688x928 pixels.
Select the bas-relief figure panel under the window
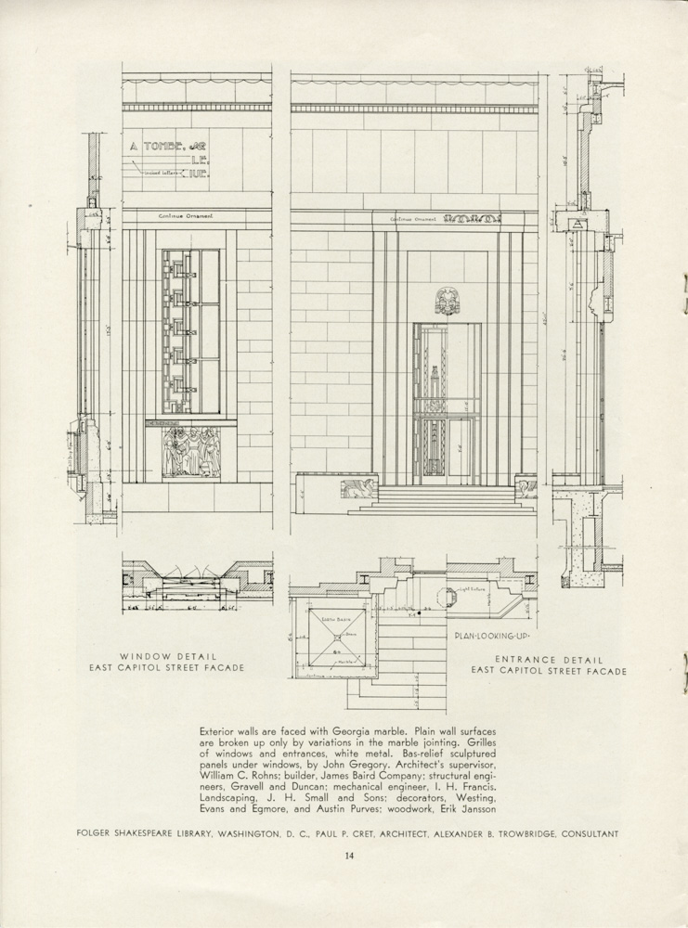pyautogui.click(x=191, y=452)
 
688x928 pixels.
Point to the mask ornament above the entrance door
pyautogui.click(x=447, y=300)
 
